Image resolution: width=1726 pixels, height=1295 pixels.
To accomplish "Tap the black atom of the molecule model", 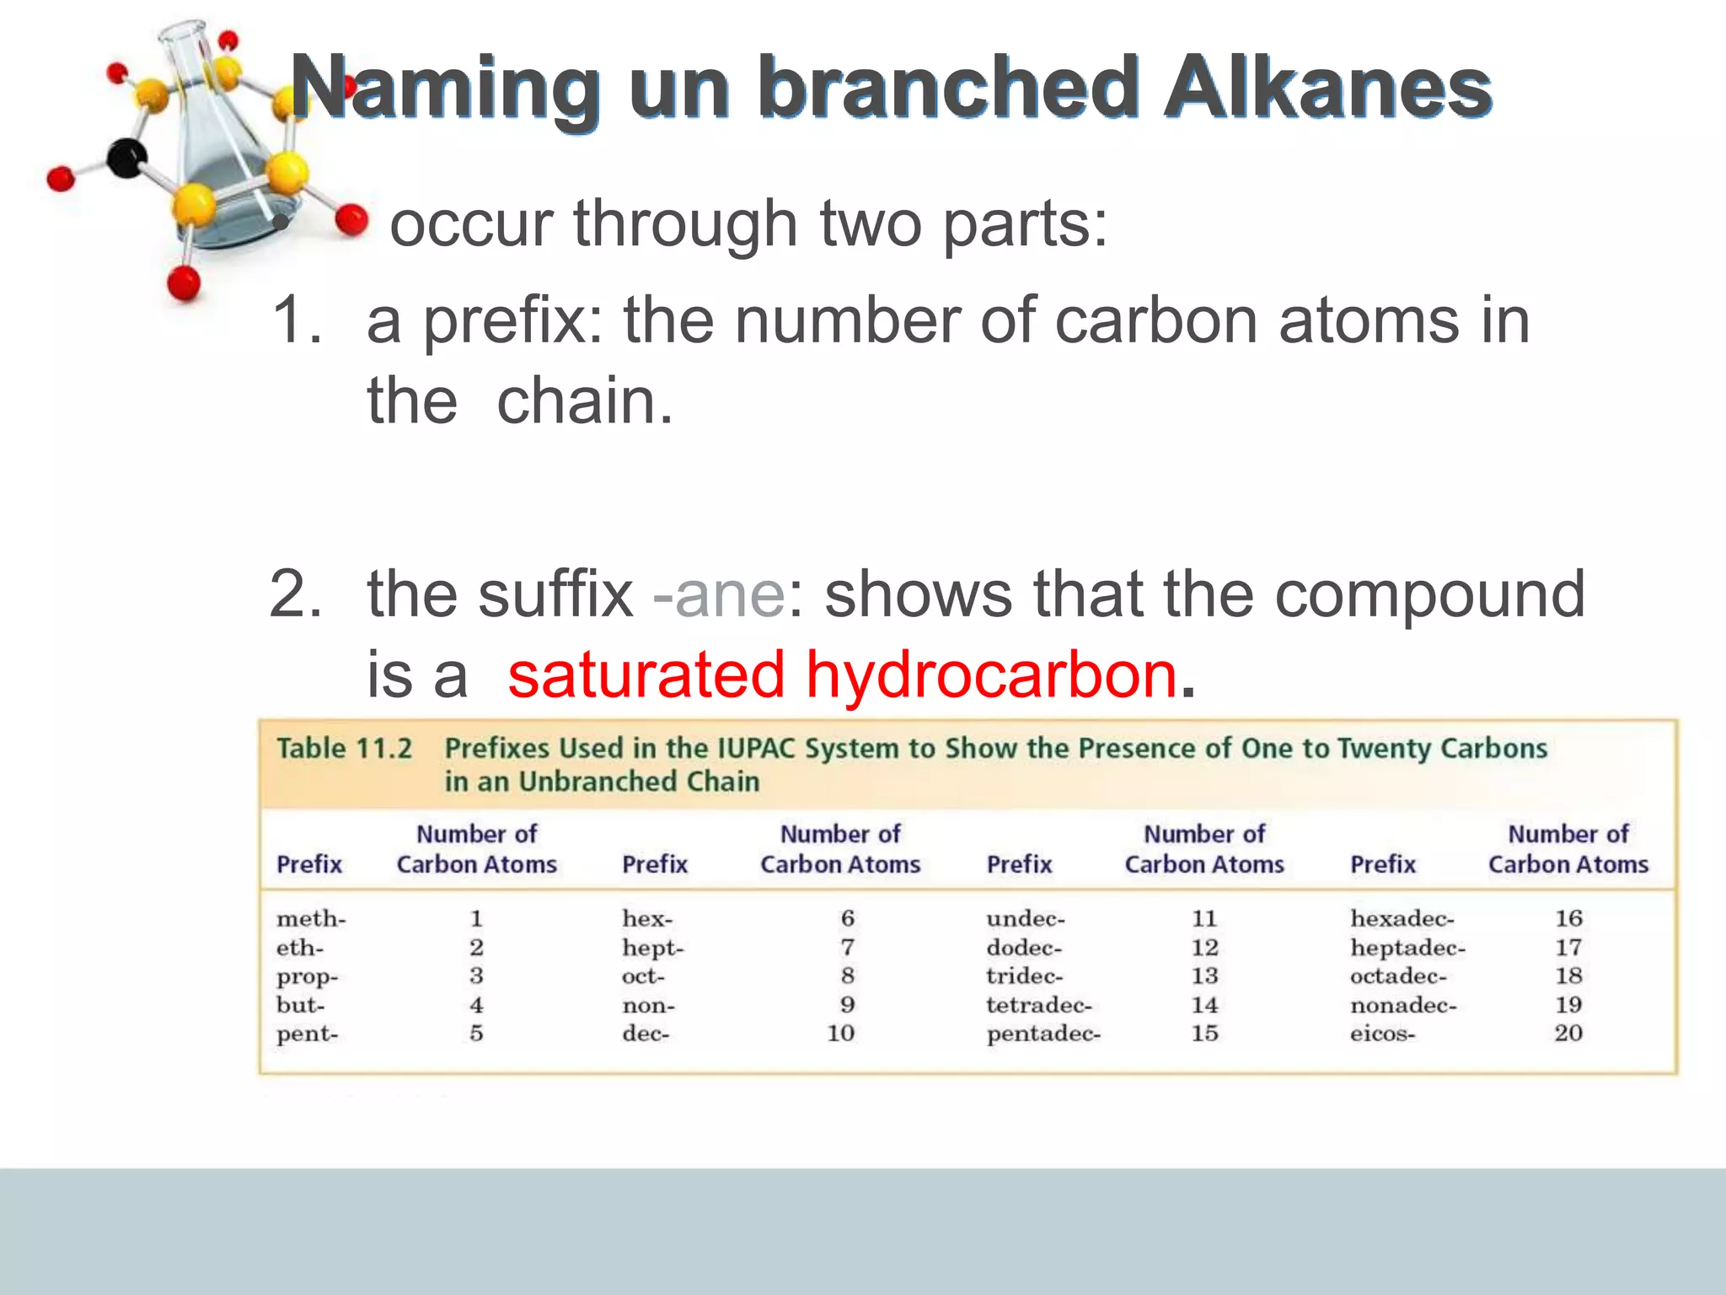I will click(127, 158).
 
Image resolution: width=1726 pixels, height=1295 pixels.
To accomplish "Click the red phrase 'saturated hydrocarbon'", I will click(841, 674).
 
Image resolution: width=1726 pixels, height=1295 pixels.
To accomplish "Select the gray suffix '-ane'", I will click(719, 594).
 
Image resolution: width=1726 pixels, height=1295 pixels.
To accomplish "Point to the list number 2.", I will click(295, 594).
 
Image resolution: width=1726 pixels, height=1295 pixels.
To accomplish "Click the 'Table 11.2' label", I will click(344, 749).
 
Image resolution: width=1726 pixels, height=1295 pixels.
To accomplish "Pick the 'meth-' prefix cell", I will click(311, 918).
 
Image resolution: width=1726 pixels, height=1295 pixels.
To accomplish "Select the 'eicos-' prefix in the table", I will click(1382, 1034).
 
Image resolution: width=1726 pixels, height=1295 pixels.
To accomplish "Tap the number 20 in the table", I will click(1568, 1033).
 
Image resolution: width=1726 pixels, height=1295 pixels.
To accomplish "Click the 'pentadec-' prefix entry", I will click(1043, 1034).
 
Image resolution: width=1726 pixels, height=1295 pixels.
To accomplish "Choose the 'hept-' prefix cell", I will click(652, 948).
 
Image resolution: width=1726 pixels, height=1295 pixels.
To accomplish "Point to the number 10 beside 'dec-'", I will click(840, 1033).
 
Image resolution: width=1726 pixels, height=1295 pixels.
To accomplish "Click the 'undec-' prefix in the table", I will click(1026, 918).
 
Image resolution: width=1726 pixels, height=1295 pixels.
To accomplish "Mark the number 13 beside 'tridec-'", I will click(1204, 975).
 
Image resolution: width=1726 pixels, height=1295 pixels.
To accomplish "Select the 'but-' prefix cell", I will click(300, 1005).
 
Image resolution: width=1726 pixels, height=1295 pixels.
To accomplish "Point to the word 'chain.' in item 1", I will click(585, 401).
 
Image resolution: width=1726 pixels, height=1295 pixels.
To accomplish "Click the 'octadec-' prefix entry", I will click(1398, 976).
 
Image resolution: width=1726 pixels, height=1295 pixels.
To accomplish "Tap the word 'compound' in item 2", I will click(1429, 594).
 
